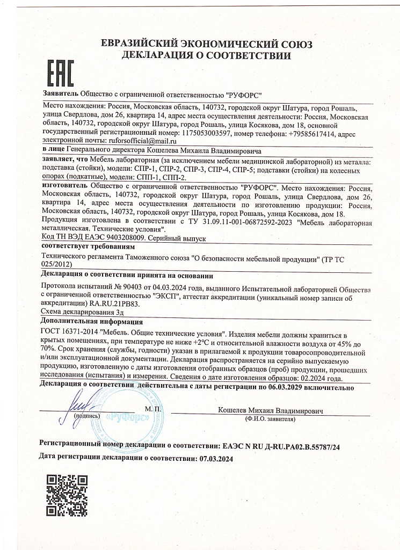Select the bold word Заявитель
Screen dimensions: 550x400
[x=60, y=94]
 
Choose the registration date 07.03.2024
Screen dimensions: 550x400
[x=214, y=459]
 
